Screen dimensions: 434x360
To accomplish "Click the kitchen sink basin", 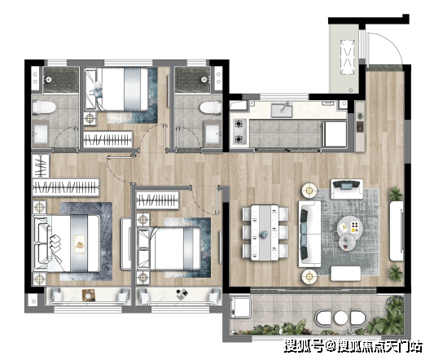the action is [282, 110].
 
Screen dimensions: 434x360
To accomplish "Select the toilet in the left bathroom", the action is [44, 108].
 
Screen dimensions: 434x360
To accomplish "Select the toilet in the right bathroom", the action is [210, 108].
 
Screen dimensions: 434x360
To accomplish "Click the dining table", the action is [265, 233].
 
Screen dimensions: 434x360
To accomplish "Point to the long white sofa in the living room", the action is [309, 234].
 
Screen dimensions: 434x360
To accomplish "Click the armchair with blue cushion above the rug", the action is [347, 189].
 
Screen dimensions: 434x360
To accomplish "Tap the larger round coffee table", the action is [350, 226].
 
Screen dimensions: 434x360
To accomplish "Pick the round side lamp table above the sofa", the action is [309, 190].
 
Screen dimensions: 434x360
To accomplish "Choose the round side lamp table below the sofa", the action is [309, 276].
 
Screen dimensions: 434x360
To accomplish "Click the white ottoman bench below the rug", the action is [345, 274].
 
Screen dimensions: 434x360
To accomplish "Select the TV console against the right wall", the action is [397, 230].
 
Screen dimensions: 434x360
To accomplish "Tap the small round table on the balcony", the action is [340, 318].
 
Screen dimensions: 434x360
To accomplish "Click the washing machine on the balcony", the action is [241, 308].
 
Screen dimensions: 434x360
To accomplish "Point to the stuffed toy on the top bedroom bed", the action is [95, 89].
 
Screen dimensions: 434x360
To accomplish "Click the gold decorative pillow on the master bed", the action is [80, 244].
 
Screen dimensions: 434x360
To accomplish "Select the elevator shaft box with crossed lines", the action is [348, 57].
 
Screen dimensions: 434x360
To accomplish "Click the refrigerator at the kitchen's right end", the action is [335, 134].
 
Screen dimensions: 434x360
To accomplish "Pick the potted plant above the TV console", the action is [396, 193].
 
